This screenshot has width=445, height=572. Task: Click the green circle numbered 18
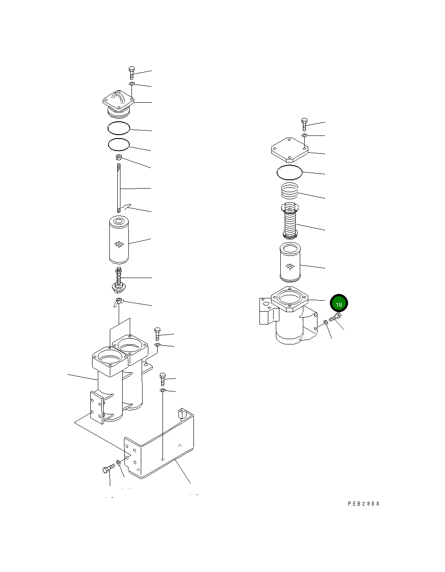339,304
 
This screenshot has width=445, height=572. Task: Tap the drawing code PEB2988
364,504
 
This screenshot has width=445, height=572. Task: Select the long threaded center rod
119,188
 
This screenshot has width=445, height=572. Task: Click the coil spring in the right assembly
290,190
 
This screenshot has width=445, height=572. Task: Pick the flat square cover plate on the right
290,149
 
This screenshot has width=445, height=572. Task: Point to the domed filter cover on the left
118,103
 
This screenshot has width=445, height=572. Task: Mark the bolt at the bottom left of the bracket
106,469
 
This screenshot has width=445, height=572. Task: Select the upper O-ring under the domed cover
118,128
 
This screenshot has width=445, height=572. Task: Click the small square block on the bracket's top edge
181,414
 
